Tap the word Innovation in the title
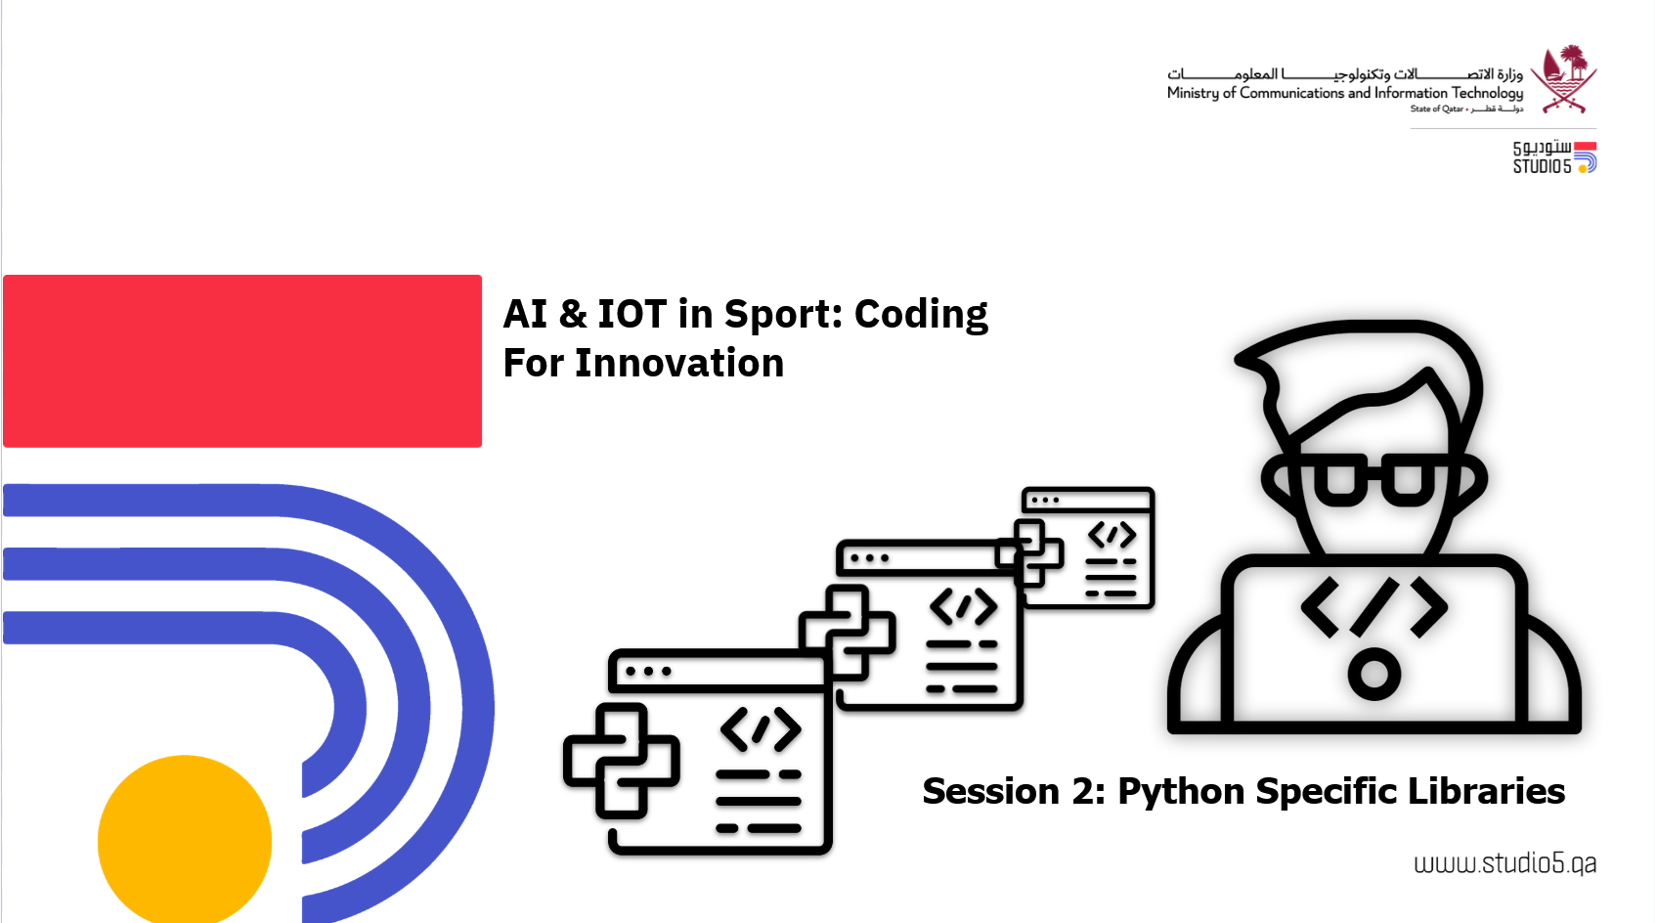[x=679, y=364]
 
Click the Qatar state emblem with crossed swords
[x=1563, y=79]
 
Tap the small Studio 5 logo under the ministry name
[x=1554, y=157]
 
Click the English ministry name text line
[x=1345, y=93]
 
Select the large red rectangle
[x=242, y=361]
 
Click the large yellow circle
[x=185, y=840]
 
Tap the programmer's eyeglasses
[x=1374, y=480]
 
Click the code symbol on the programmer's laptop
[x=1374, y=607]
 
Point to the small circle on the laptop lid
[x=1374, y=674]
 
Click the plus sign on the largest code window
[x=622, y=761]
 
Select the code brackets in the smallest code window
[x=1111, y=535]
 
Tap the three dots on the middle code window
[x=870, y=558]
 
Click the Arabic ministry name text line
[x=1345, y=74]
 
